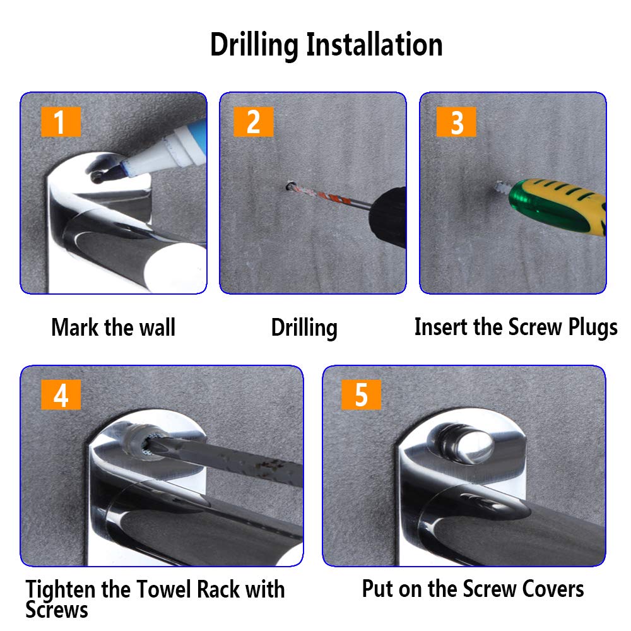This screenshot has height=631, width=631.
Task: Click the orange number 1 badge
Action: (61, 122)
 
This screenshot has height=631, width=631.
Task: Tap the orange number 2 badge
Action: (254, 122)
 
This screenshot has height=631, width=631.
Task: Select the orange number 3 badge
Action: (456, 122)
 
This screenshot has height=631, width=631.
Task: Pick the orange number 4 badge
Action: (61, 394)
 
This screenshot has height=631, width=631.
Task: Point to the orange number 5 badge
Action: (361, 394)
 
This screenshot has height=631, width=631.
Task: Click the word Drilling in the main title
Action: (254, 45)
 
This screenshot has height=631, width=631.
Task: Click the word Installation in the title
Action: (374, 44)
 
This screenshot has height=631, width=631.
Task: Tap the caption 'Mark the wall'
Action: (113, 327)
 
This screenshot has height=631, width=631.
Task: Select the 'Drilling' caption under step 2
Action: (304, 328)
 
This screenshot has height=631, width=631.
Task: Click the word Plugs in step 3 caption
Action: (593, 327)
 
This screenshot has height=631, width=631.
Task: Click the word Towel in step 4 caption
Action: (163, 589)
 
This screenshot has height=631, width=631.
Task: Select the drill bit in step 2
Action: (328, 196)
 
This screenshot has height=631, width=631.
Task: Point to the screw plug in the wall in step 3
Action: (502, 187)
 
